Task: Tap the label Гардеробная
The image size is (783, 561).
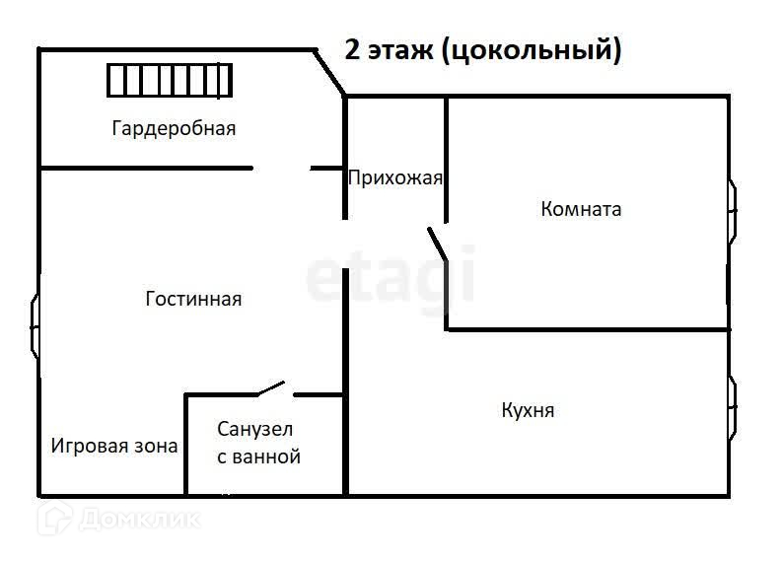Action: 174,128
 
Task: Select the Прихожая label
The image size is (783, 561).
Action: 395,178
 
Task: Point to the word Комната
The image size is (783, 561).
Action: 581,209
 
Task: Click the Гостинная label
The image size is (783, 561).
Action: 193,299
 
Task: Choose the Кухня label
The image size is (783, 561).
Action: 528,410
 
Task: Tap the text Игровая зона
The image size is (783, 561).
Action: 114,446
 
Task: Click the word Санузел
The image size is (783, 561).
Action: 255,430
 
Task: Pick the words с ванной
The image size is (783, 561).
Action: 257,457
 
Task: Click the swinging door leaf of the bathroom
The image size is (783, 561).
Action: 271,388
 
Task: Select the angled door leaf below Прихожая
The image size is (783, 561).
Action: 437,244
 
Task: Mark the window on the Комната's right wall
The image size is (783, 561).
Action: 732,209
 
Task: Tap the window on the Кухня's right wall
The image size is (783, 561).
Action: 732,406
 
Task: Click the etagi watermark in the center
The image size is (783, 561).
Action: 390,277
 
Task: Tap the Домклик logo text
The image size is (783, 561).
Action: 139,518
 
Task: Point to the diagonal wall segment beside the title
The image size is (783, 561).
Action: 329,72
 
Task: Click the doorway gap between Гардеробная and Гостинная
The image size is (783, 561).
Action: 281,169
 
